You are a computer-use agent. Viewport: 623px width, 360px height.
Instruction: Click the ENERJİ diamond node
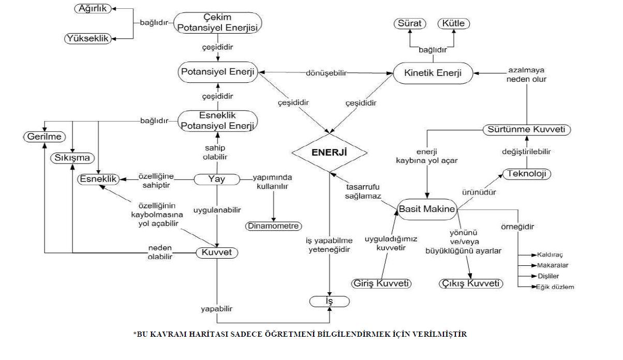pos(330,153)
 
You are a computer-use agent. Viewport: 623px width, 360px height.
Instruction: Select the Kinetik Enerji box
pos(434,73)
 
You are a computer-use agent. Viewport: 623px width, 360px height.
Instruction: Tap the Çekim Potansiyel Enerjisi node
pos(217,23)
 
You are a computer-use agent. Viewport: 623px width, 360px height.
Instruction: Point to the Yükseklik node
pos(88,38)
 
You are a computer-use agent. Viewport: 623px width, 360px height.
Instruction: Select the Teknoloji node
pos(526,173)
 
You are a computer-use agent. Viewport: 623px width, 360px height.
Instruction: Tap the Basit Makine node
pos(427,209)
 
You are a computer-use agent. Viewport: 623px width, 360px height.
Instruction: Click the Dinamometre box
pos(273,226)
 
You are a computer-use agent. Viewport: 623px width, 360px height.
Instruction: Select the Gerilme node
pos(45,137)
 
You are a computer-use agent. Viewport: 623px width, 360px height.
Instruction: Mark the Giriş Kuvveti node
pos(381,283)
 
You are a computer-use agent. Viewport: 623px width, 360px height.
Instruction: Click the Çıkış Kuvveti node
pos(471,283)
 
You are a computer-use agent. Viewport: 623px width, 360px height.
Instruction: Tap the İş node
pos(330,301)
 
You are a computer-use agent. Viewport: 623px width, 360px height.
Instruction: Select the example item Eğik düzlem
pos(555,287)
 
